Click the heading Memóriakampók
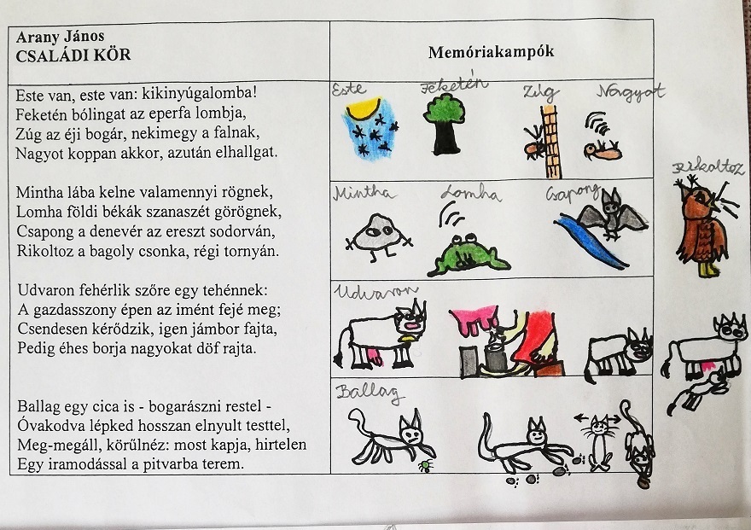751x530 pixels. coord(491,51)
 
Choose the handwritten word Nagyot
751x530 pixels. coord(630,93)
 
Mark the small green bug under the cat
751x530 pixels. coord(424,466)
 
